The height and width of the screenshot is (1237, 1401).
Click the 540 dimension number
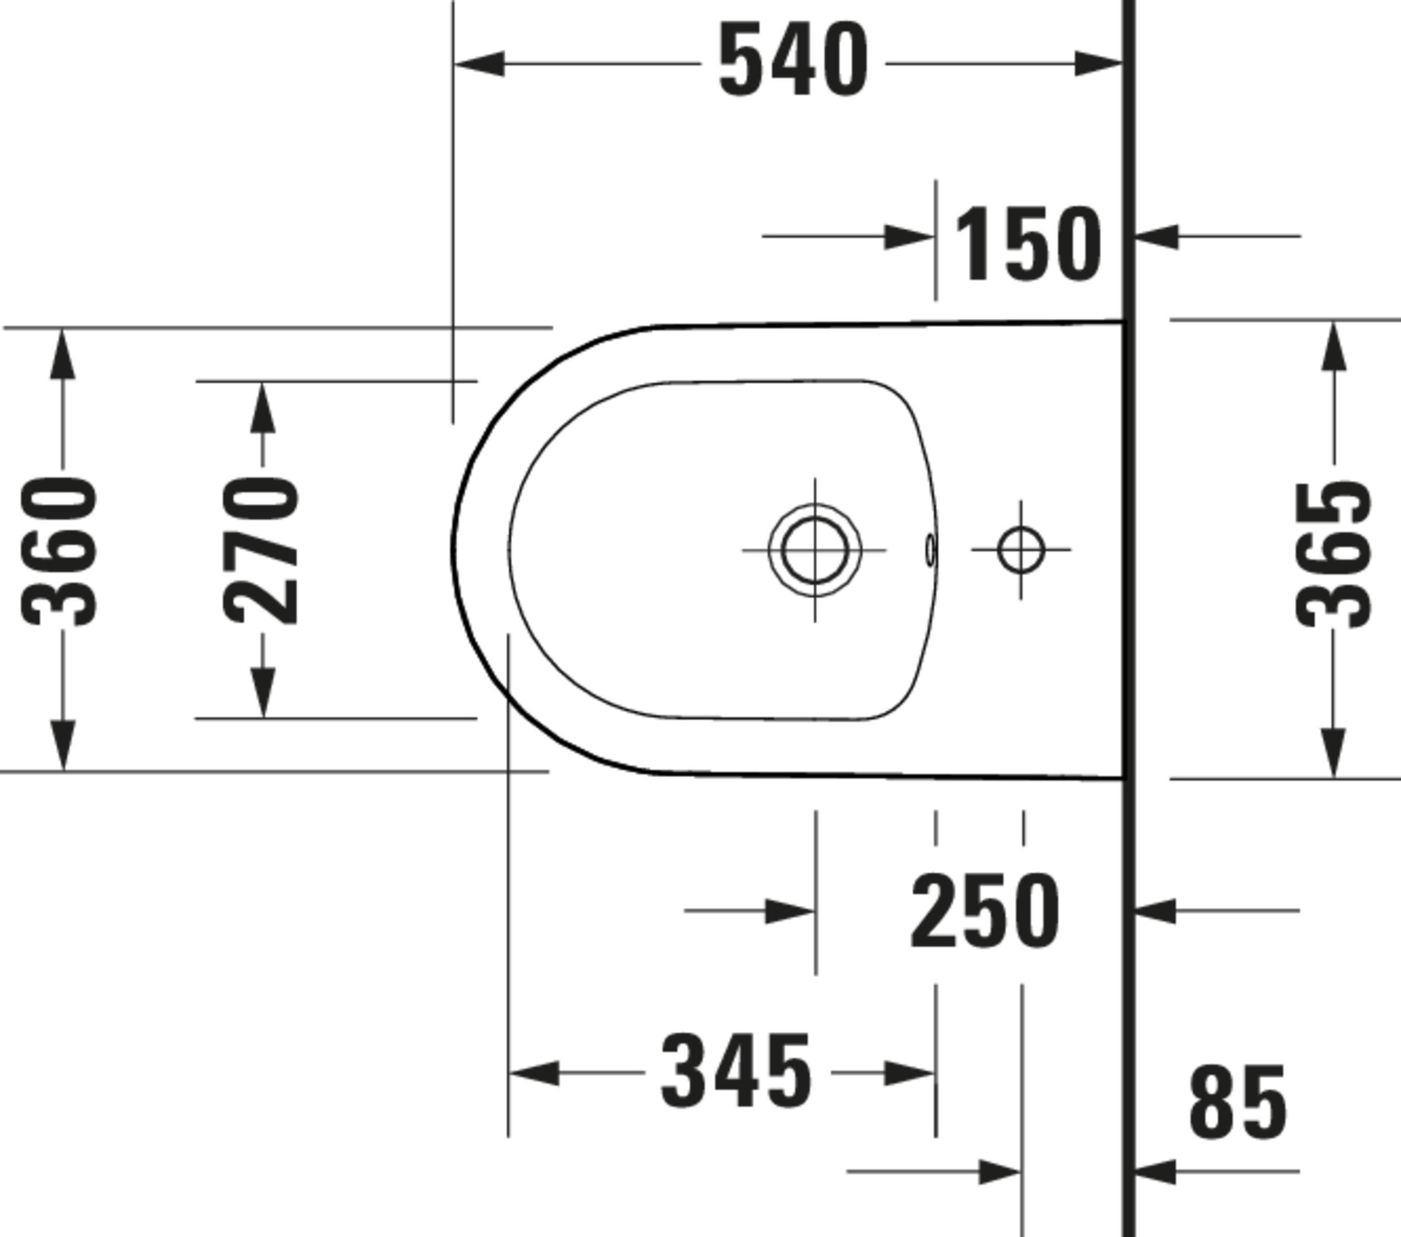793,60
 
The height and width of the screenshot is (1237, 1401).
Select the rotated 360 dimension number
60,552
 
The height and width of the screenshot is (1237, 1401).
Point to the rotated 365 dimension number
1333,555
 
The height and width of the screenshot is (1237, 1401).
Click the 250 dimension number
985,912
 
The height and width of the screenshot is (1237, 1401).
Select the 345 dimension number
736,1072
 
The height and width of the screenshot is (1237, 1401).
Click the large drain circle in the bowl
815,550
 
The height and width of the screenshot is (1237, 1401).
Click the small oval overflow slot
930,550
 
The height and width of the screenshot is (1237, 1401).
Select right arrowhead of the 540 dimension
1098,64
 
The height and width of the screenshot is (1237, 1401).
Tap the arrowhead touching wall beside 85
1156,1171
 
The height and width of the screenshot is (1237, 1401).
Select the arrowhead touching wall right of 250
1156,911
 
